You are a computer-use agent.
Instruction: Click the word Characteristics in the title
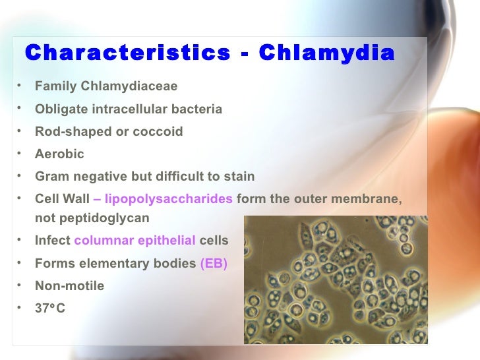pos(126,53)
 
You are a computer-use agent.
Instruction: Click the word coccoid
pos(158,131)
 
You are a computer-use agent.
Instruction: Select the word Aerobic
pos(59,154)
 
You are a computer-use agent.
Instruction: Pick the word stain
pos(239,176)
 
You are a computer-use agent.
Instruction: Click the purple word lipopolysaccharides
pos(169,198)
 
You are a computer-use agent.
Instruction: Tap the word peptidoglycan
pos(92,218)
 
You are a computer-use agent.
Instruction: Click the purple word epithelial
pos(167,241)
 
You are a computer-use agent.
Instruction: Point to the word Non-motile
pos(69,285)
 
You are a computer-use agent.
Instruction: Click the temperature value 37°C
pos(50,308)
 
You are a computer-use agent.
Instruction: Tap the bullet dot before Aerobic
pos(20,153)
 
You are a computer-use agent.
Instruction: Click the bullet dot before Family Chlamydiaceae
pos(20,86)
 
